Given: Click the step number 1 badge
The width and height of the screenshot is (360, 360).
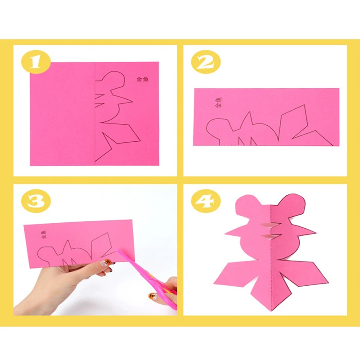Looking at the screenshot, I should pos(36,62).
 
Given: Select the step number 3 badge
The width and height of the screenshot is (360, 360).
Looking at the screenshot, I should pos(36,202).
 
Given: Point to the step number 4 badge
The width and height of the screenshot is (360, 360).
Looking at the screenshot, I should pos(206,201).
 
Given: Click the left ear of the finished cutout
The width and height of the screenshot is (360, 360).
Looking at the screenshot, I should pos(247,205).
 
